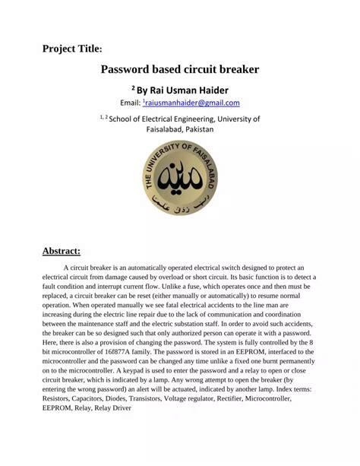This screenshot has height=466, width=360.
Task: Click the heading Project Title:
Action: (72, 49)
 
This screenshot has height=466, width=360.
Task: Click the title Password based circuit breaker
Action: (180, 69)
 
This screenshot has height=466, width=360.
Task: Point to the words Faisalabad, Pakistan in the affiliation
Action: (180, 129)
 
